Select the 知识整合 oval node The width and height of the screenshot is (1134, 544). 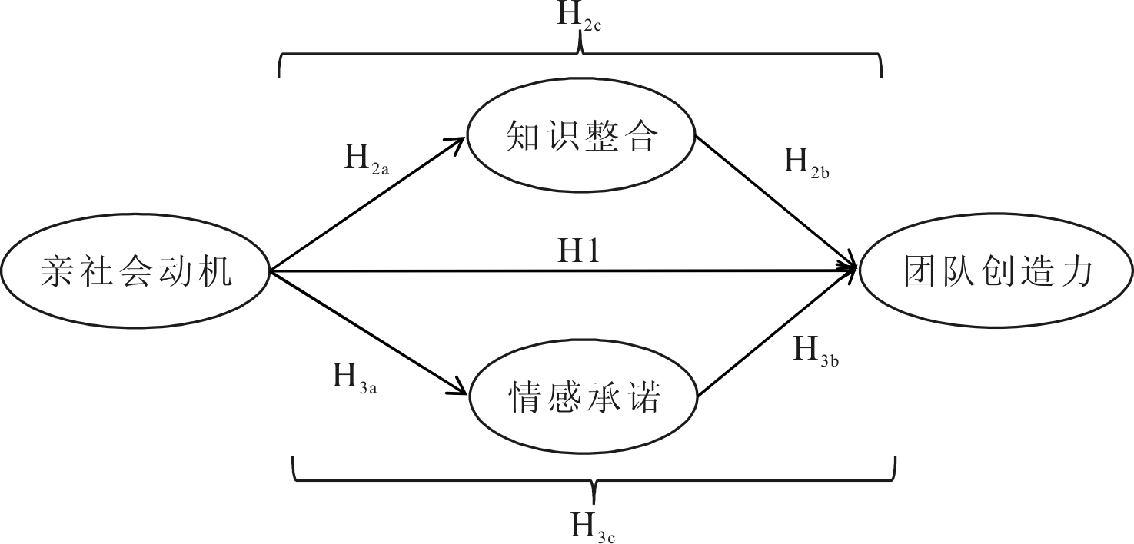coord(581,138)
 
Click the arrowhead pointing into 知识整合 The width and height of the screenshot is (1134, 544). coord(458,143)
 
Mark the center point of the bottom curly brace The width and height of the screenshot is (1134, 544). coord(594,489)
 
